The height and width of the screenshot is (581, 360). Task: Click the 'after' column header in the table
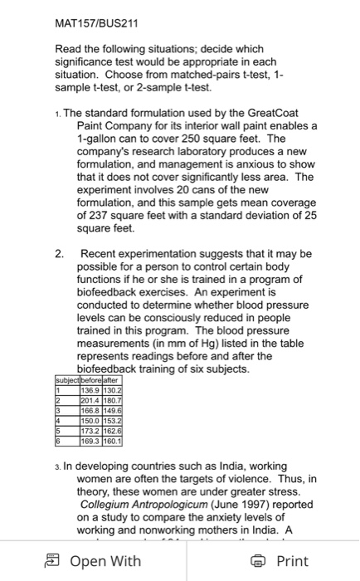coord(112,380)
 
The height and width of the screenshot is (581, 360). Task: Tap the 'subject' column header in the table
coord(62,380)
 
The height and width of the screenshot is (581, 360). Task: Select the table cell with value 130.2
coord(112,389)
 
